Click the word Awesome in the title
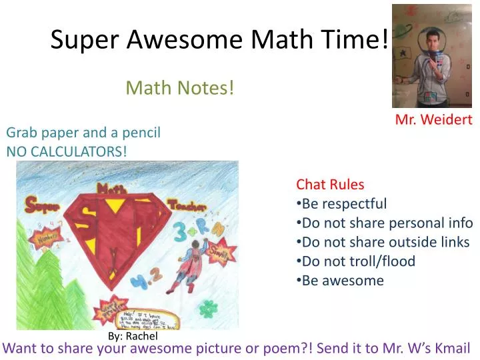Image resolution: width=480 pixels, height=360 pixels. point(187,41)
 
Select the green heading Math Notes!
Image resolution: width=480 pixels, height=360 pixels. point(180,87)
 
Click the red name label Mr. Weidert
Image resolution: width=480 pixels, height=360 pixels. point(433,120)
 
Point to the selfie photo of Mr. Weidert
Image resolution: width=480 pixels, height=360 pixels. point(431,56)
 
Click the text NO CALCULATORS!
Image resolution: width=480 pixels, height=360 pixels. point(66,151)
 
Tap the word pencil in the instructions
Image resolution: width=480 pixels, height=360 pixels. point(141,133)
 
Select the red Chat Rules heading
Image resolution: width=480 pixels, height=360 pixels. point(330,185)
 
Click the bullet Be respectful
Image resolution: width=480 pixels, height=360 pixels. point(344,204)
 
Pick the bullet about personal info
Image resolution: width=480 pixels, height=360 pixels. point(387,223)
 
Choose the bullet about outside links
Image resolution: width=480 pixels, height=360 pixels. point(385,242)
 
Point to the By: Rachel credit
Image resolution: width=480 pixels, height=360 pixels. point(133,337)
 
